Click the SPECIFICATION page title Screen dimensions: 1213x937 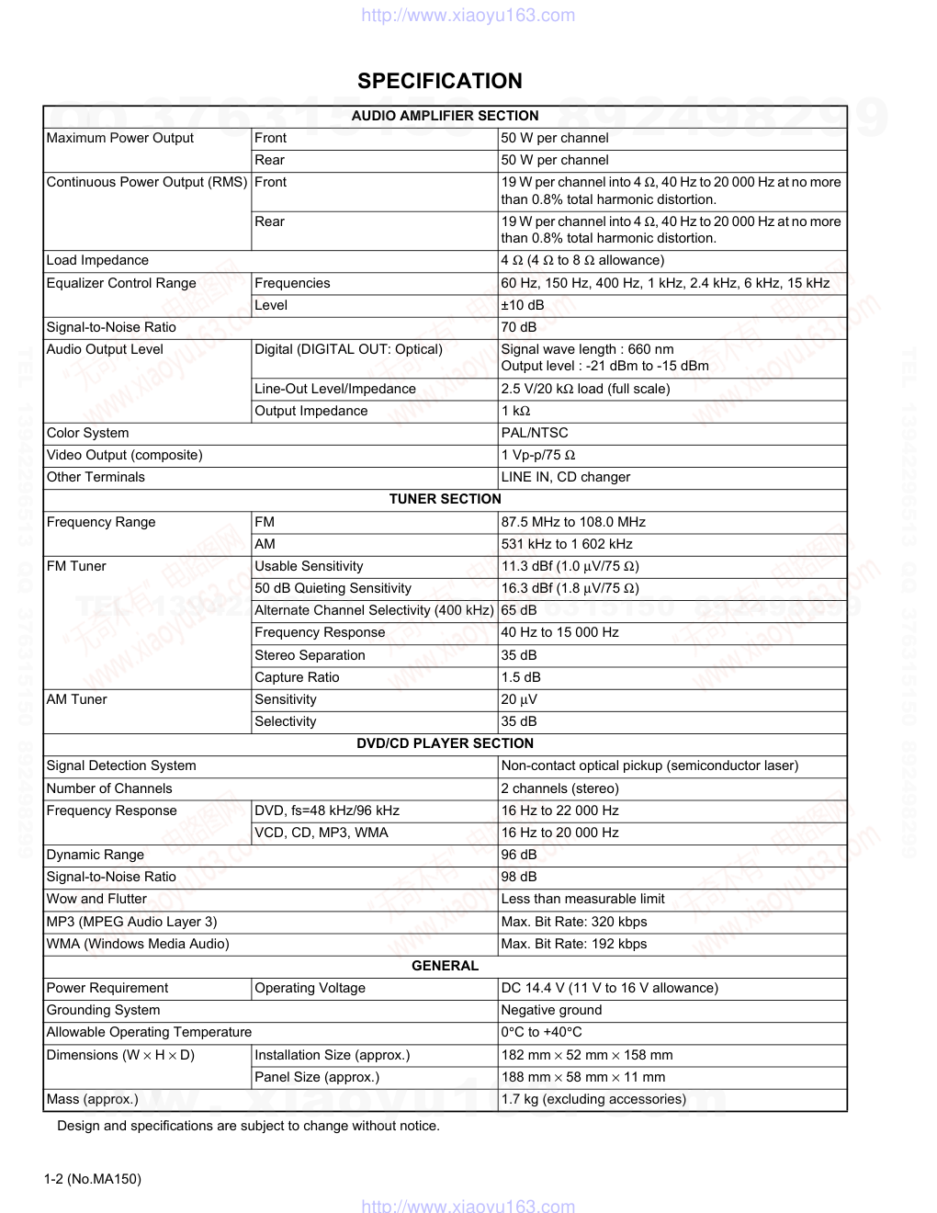click(x=440, y=81)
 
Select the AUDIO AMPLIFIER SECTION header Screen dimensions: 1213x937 click(x=445, y=116)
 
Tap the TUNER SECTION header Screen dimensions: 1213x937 click(x=445, y=499)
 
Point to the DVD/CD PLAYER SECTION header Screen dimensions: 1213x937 click(x=445, y=743)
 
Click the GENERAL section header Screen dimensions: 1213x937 click(x=445, y=966)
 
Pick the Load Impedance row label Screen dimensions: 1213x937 click(x=97, y=260)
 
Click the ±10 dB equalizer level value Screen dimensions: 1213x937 click(x=523, y=305)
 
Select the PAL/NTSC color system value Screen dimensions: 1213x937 click(x=535, y=433)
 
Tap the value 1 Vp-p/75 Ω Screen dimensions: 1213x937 click(x=538, y=455)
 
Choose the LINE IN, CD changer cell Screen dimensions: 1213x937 click(x=566, y=477)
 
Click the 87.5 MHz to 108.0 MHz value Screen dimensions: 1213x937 click(x=573, y=522)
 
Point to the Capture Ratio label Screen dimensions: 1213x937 click(x=297, y=677)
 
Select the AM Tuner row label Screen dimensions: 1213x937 click(x=77, y=699)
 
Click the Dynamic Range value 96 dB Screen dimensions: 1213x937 click(x=519, y=855)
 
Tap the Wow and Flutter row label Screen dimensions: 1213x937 click(x=96, y=899)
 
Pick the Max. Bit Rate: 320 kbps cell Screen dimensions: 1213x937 click(x=574, y=922)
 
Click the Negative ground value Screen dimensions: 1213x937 click(x=551, y=1010)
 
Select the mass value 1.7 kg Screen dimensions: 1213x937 click(x=593, y=1099)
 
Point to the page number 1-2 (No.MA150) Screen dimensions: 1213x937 click(x=93, y=1179)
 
